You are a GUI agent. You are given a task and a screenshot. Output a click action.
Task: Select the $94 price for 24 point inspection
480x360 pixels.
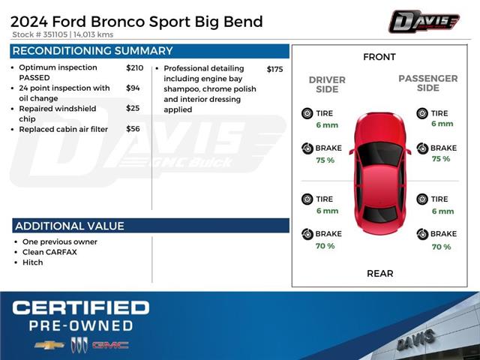pyautogui.click(x=133, y=88)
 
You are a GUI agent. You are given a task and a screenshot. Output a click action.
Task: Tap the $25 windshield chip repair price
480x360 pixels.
pyautogui.click(x=133, y=109)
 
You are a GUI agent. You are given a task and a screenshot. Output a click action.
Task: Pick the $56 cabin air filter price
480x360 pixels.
pyautogui.click(x=133, y=129)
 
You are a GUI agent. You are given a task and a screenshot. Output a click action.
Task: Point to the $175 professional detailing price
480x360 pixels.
pyautogui.click(x=274, y=69)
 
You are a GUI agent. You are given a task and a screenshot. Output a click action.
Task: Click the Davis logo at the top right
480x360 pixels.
pyautogui.click(x=424, y=21)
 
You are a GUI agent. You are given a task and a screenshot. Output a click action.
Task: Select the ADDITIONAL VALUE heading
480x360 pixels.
pyautogui.click(x=70, y=226)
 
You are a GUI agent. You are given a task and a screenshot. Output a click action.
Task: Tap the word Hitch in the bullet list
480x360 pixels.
pyautogui.click(x=33, y=262)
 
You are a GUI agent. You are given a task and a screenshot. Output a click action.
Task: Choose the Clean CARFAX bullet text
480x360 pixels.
pyautogui.click(x=49, y=252)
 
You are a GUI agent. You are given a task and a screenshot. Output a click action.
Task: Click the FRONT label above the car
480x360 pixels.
pyautogui.click(x=379, y=57)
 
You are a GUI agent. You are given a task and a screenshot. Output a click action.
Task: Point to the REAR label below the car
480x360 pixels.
pyautogui.click(x=379, y=274)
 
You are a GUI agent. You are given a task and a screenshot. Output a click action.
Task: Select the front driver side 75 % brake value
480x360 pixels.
pyautogui.click(x=325, y=160)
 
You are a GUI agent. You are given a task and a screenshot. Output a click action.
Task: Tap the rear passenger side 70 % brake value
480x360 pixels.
pyautogui.click(x=441, y=247)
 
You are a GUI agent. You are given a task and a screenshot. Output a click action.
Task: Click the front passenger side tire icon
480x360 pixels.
pyautogui.click(x=423, y=113)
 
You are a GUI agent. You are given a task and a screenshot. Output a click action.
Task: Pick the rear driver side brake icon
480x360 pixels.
pyautogui.click(x=307, y=234)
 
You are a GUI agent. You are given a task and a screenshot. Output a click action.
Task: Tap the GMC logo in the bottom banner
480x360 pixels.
pyautogui.click(x=110, y=345)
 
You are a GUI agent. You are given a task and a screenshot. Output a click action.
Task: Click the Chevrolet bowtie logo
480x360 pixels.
pyautogui.click(x=49, y=345)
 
